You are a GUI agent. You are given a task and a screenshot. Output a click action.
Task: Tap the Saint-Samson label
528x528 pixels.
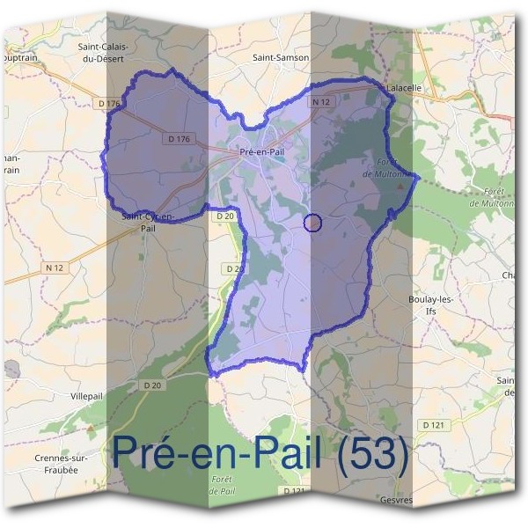point(281,57)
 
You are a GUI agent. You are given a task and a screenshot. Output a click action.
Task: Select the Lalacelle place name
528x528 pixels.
point(406,88)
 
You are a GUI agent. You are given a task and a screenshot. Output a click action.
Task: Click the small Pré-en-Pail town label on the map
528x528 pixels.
point(261,152)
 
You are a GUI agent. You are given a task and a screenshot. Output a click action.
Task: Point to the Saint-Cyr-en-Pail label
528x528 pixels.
point(148,221)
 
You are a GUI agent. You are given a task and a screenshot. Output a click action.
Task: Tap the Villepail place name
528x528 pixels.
point(86,397)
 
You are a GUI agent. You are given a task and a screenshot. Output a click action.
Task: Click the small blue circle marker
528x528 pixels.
point(312,223)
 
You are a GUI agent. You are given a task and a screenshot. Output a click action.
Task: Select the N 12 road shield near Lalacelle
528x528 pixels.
point(319,103)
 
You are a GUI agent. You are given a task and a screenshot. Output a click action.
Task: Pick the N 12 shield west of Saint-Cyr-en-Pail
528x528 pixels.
point(55,267)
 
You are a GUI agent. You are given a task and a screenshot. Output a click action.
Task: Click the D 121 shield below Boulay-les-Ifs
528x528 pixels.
point(432,425)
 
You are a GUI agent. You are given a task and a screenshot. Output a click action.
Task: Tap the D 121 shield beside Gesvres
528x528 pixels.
point(295,491)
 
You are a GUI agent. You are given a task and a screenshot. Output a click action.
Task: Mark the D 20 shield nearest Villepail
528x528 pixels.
point(151,385)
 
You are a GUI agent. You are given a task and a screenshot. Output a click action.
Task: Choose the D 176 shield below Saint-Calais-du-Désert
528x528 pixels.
point(110,104)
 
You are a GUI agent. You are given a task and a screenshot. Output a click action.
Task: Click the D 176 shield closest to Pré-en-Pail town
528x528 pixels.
point(177,138)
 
